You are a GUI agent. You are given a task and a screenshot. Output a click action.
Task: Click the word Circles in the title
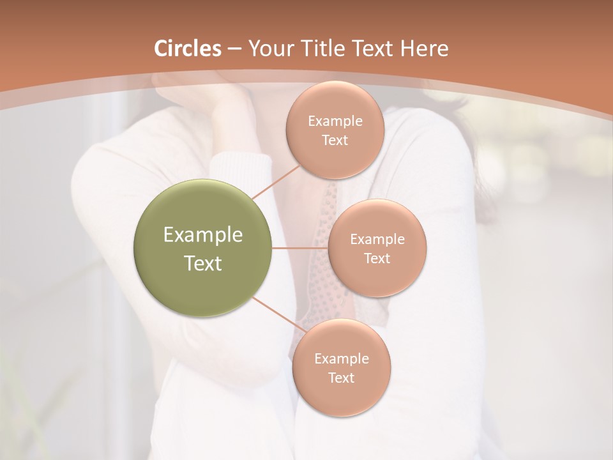(187, 49)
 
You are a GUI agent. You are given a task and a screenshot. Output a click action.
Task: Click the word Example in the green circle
(203, 235)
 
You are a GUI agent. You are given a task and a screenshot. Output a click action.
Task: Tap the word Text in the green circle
(203, 263)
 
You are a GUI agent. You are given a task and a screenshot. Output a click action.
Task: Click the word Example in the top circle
(335, 121)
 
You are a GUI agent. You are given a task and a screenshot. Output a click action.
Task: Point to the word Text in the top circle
(335, 140)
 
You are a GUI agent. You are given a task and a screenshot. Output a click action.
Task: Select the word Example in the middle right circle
(377, 240)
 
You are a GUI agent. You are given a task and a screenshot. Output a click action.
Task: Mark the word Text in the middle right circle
(377, 258)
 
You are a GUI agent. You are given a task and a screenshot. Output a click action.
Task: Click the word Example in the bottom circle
(341, 358)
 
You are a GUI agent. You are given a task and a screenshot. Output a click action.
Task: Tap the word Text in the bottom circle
(341, 378)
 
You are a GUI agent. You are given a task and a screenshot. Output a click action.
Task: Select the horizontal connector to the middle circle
(299, 248)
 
